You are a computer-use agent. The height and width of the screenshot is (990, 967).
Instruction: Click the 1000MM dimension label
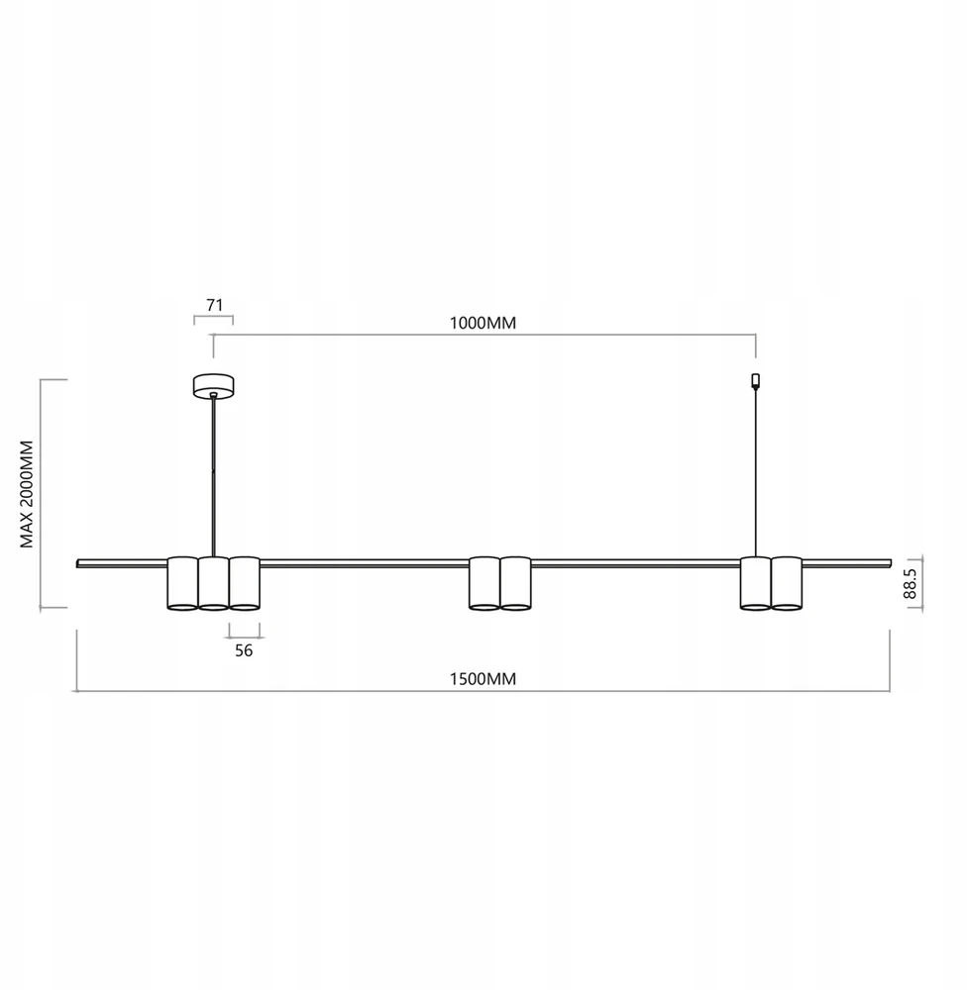(483, 324)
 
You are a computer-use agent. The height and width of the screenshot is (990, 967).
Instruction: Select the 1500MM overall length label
(483, 679)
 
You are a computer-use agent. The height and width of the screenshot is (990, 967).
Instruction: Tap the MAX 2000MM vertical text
(27, 494)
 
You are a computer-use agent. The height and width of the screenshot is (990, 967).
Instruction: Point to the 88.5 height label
(910, 584)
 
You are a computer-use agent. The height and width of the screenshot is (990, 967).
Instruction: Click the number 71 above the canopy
(215, 305)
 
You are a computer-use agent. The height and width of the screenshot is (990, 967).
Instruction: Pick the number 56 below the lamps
(244, 651)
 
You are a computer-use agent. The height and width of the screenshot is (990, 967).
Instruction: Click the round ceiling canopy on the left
(214, 386)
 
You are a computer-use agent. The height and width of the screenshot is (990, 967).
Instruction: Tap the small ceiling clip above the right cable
(755, 381)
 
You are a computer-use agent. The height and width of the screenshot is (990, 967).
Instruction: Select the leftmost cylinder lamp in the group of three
(182, 583)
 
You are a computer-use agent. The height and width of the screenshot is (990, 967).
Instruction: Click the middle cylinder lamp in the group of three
(214, 583)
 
